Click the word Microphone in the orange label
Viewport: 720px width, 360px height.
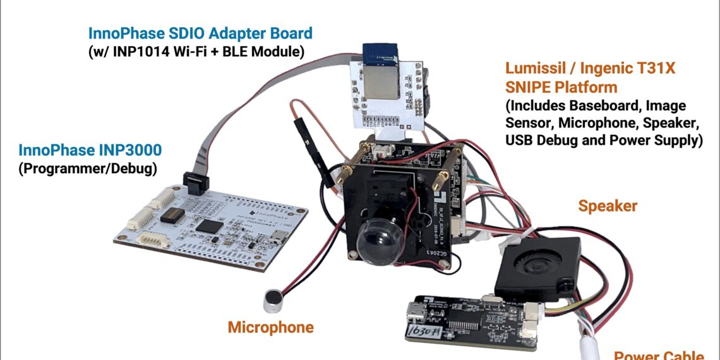[x=270, y=327]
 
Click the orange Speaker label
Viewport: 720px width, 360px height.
[x=608, y=206]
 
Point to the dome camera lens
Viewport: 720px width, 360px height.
[x=378, y=243]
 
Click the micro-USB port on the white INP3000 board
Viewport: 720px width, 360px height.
[x=276, y=239]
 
